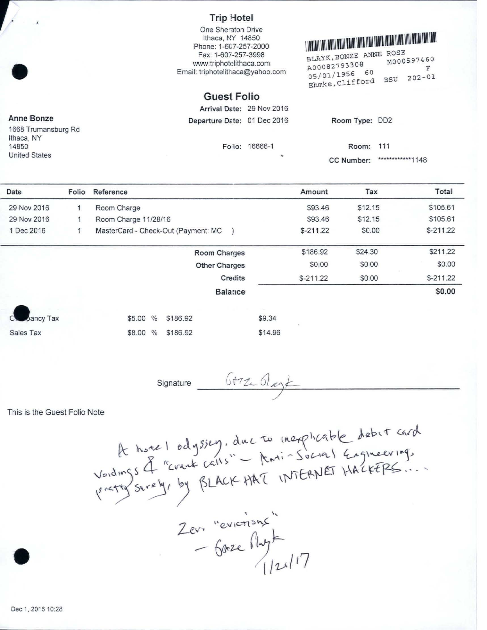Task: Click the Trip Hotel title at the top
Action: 231,18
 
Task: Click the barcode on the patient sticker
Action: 371,40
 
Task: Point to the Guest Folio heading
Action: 231,96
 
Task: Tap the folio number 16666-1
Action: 260,147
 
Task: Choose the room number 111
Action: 384,146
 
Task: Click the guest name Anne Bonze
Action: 31,118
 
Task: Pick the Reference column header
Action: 110,192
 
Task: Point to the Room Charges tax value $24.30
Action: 366,252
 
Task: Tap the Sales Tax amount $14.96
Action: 269,333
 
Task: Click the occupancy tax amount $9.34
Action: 267,318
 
